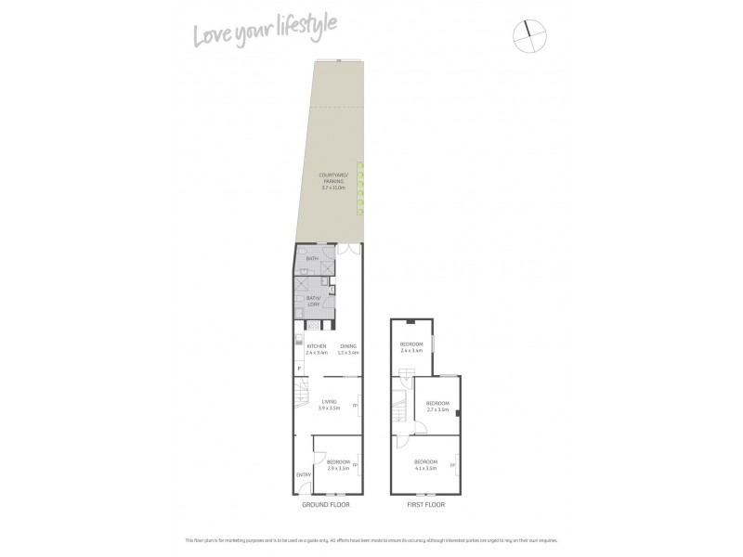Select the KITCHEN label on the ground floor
[x=317, y=346]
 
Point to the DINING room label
[x=348, y=346]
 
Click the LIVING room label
[x=329, y=401]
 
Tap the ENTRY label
[x=304, y=475]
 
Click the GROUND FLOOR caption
[x=325, y=505]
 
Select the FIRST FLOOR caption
[x=426, y=505]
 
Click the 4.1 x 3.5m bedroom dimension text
[x=426, y=468]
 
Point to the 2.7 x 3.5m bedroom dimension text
[x=437, y=408]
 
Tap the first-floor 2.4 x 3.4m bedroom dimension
[x=411, y=351]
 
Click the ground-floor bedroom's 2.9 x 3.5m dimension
[x=338, y=468]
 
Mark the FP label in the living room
[x=357, y=404]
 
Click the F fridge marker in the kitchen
[x=299, y=369]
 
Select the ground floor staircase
[x=304, y=399]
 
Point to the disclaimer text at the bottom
[x=371, y=539]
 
